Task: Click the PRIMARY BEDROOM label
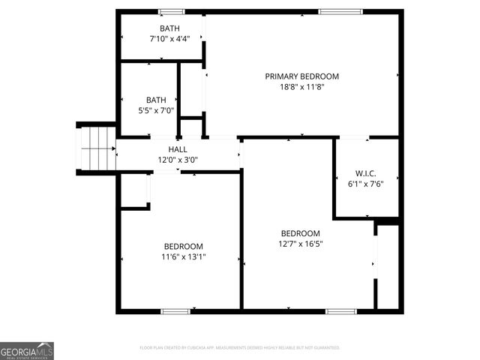(x=301, y=76)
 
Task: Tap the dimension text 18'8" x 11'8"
(x=301, y=86)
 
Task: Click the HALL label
(x=178, y=149)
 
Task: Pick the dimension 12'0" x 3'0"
(x=178, y=160)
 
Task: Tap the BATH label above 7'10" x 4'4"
(x=159, y=28)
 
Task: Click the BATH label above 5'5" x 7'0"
(x=156, y=100)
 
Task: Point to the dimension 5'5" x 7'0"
(x=156, y=110)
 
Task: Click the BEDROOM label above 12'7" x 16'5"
(x=300, y=233)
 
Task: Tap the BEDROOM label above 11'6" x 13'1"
(x=184, y=246)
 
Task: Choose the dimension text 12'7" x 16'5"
(x=300, y=244)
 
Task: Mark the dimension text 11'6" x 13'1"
(x=184, y=256)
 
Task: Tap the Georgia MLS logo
(x=27, y=350)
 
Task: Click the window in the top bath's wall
(x=172, y=11)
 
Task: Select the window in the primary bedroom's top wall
(x=340, y=11)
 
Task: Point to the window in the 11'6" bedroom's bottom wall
(x=175, y=310)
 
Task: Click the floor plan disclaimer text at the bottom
(x=240, y=348)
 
